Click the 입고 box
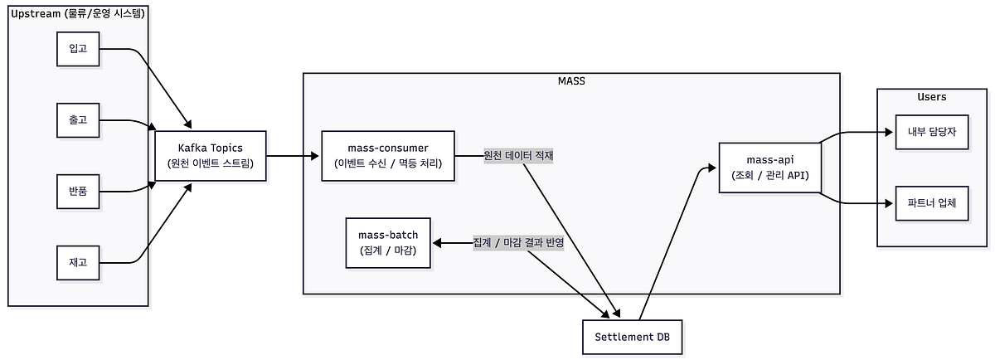[x=78, y=49]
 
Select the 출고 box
[x=78, y=120]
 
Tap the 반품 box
[x=78, y=192]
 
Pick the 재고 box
[x=78, y=262]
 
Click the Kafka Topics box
[x=211, y=155]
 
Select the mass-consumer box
[x=388, y=155]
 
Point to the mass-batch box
[x=388, y=242]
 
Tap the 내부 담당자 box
[x=931, y=131]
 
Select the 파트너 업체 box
[x=931, y=203]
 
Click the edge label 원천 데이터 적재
[x=518, y=155]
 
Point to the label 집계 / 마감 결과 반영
[x=518, y=243]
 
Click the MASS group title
[x=571, y=80]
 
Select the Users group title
[x=931, y=97]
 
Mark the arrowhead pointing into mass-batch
[x=436, y=243]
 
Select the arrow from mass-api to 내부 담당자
[x=854, y=132]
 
